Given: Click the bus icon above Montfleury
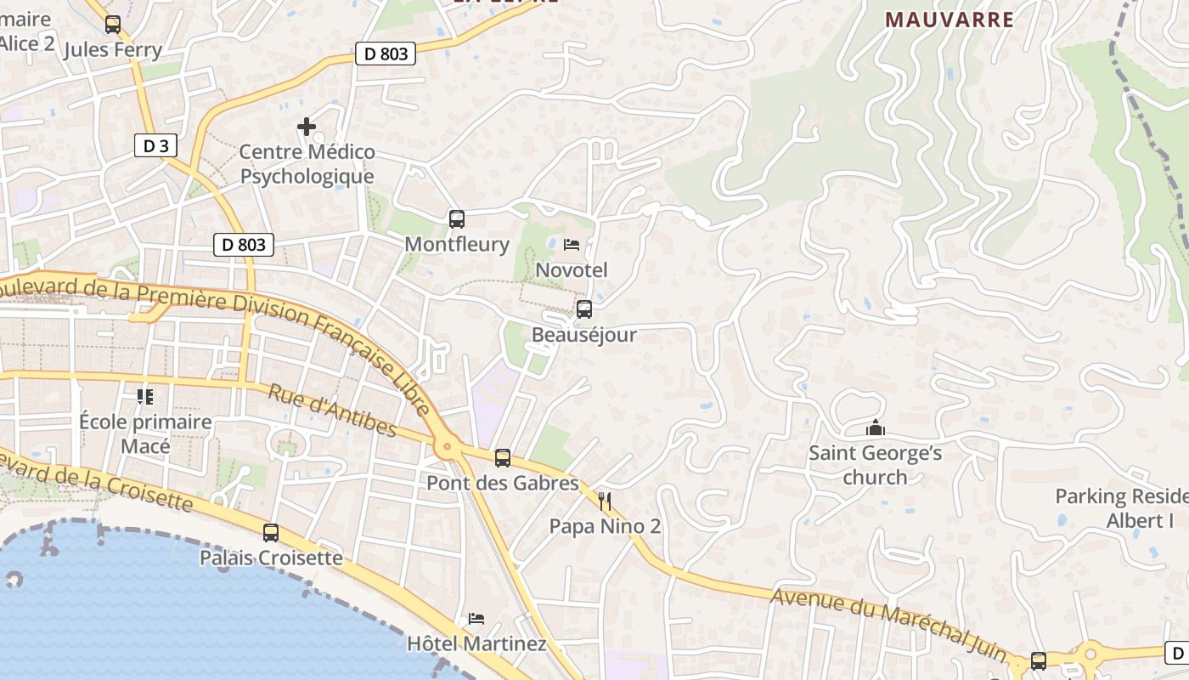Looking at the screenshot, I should click(x=457, y=219).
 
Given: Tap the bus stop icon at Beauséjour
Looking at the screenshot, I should click(x=584, y=309).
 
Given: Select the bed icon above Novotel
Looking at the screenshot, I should click(x=572, y=246).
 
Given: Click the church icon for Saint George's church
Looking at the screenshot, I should click(x=876, y=428).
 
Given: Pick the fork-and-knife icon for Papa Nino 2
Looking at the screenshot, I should click(x=605, y=501).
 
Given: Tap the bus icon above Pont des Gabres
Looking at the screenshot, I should click(x=503, y=458).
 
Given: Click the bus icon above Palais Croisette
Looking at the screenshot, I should click(x=271, y=533).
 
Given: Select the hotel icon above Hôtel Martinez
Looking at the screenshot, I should click(x=476, y=618).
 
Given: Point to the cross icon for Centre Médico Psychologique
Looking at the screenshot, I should click(x=307, y=127).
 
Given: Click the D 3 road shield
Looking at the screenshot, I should click(x=155, y=145).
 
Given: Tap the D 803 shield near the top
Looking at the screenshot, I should click(x=386, y=54).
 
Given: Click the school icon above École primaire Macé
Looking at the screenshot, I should click(x=145, y=397).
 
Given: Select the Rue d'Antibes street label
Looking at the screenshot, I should click(x=332, y=410).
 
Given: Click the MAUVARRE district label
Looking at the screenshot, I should click(x=950, y=20).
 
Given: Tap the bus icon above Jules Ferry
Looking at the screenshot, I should click(x=113, y=25).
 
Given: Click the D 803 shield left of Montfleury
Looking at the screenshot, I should click(x=243, y=245).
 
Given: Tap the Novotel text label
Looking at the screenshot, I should click(x=572, y=270).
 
